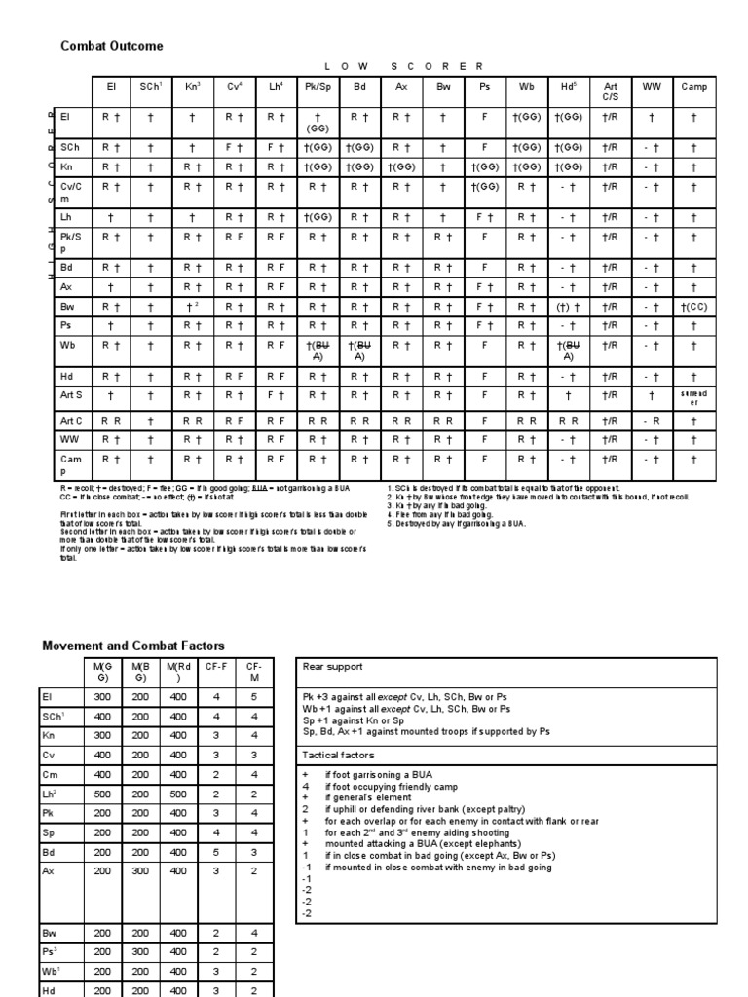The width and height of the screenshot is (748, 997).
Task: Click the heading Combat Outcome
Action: click(x=112, y=46)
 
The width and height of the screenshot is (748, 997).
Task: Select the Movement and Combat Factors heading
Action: click(x=132, y=646)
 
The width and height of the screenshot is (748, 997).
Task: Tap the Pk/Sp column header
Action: click(x=314, y=87)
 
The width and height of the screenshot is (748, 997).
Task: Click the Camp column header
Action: click(x=693, y=87)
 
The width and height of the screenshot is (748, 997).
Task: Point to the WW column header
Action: click(x=651, y=87)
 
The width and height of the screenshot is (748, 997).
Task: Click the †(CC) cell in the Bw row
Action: click(x=693, y=307)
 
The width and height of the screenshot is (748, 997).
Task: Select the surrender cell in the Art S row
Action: click(x=693, y=396)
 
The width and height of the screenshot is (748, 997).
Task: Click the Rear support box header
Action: click(x=333, y=667)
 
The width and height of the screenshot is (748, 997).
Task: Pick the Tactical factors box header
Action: click(x=337, y=755)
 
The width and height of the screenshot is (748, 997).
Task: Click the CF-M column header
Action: click(x=253, y=671)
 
